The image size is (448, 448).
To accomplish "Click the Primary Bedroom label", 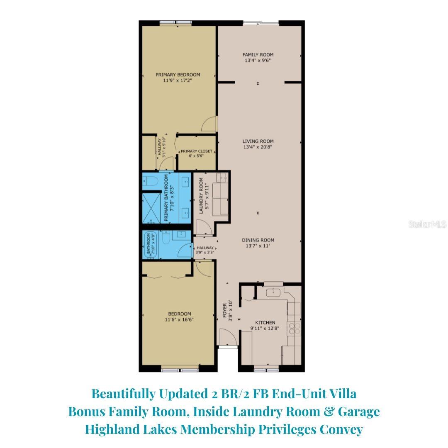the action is point(178,75).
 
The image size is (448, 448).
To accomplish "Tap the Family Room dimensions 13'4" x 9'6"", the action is point(258,60).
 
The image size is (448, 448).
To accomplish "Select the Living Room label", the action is point(258,141).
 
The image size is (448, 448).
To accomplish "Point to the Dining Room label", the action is point(258,240).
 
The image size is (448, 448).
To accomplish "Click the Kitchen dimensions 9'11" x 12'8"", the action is point(265,328).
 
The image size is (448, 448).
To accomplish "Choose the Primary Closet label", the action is point(197,151).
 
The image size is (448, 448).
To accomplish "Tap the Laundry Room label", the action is point(201,196).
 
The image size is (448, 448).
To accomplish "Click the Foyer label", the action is point(224,310).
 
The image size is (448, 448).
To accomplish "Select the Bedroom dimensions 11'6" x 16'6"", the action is point(179,319).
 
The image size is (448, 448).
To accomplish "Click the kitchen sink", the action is point(273,292).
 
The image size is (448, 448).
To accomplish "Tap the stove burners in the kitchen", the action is point(294,328).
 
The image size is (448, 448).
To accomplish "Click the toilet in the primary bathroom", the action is point(150,181).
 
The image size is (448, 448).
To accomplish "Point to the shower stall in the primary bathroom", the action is point(151,208).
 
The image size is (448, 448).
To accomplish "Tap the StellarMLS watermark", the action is point(427,224).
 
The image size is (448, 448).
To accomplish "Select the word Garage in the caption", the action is point(359,412).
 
